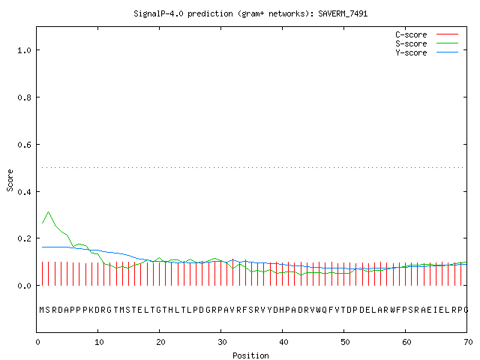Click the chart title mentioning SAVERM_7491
coord(250,13)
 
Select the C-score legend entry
coord(427,34)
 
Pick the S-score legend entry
coord(427,43)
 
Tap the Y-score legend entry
coord(427,52)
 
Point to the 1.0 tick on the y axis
coord(24,50)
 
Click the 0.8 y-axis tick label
coord(24,97)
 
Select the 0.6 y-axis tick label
coord(24,145)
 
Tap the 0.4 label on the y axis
coord(24,192)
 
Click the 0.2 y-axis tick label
coord(24,238)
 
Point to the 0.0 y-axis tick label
coord(24,286)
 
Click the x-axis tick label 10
coord(99,342)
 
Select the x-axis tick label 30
coord(222,342)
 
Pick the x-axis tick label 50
coord(345,342)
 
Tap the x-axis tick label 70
coord(468,342)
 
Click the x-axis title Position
coord(250,355)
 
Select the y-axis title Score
coord(10,180)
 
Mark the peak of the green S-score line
coord(48,211)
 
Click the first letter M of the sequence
coord(42,310)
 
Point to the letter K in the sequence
coord(91,310)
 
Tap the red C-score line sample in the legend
coord(447,34)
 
